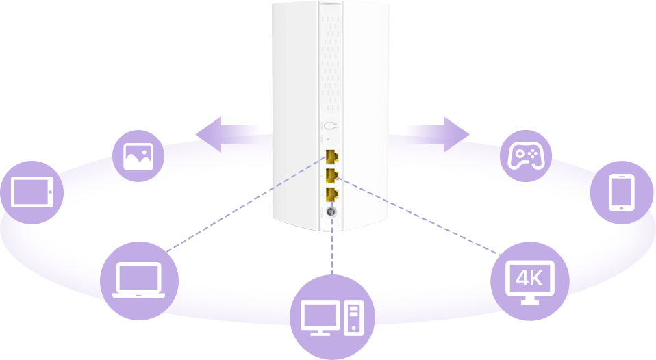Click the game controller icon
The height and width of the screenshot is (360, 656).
pos(526,155)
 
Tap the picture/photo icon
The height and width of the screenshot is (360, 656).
pos(138,156)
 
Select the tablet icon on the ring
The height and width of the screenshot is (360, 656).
pos(32,192)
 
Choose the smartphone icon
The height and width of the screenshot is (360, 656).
pos(622,192)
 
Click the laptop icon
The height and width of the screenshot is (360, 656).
pos(139,281)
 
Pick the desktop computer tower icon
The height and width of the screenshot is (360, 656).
pos(353,318)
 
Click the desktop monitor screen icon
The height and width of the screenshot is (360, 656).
pos(320,316)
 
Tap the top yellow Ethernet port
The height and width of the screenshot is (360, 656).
pos(331,155)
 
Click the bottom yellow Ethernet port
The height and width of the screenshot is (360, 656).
pos(331,193)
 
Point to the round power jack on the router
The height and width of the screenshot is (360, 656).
pos(331,212)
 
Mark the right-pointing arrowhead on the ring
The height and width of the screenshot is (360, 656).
pos(453,128)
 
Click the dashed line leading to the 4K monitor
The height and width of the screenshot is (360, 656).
pos(425,219)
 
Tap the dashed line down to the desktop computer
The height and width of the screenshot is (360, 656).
pos(331,246)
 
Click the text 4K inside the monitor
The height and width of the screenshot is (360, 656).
pos(529,277)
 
